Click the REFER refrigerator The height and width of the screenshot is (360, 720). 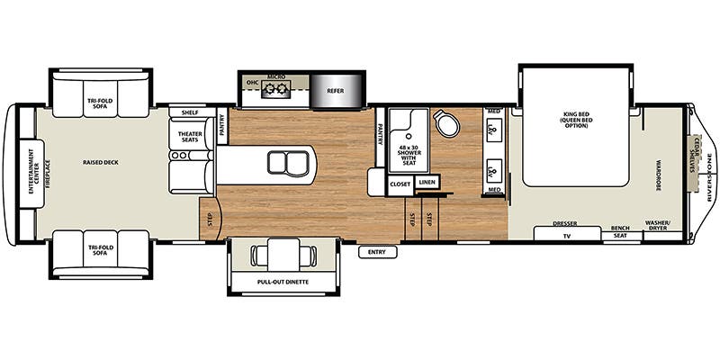[x=335, y=89]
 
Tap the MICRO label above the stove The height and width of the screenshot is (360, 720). [x=276, y=77]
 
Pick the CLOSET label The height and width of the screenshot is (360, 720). [x=400, y=183]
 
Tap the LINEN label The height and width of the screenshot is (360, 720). [x=427, y=183]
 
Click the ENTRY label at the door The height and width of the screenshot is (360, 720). [x=377, y=252]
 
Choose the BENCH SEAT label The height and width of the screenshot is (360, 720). [x=620, y=231]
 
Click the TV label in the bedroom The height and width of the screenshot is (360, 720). [x=567, y=235]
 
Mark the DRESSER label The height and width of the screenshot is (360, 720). [x=564, y=222]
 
